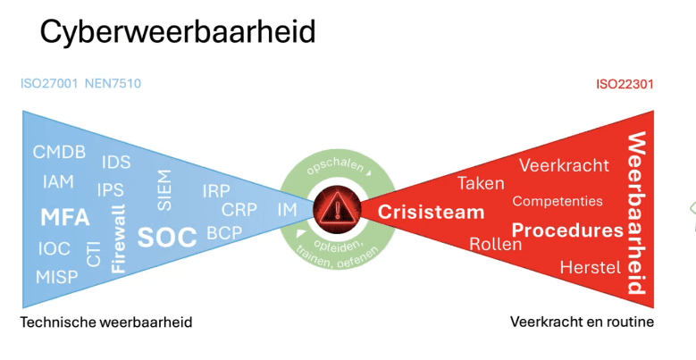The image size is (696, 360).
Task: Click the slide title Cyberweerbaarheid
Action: point(177,33)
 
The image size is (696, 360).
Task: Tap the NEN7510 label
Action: point(113,84)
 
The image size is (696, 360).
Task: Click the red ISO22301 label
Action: point(625,85)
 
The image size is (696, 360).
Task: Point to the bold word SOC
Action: point(166,237)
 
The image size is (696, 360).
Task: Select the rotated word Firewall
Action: point(118,239)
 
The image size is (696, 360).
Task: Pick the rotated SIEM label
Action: point(165,188)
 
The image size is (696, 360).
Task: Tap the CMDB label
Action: point(59,152)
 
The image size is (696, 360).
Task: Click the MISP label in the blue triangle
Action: point(57,276)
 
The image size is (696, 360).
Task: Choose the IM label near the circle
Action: point(287,210)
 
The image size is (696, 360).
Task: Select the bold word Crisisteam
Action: point(431,212)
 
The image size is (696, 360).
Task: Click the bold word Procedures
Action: point(567,230)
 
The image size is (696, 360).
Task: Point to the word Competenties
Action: point(558,201)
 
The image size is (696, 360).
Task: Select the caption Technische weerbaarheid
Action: point(106,322)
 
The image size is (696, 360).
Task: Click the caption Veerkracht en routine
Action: point(582,322)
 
